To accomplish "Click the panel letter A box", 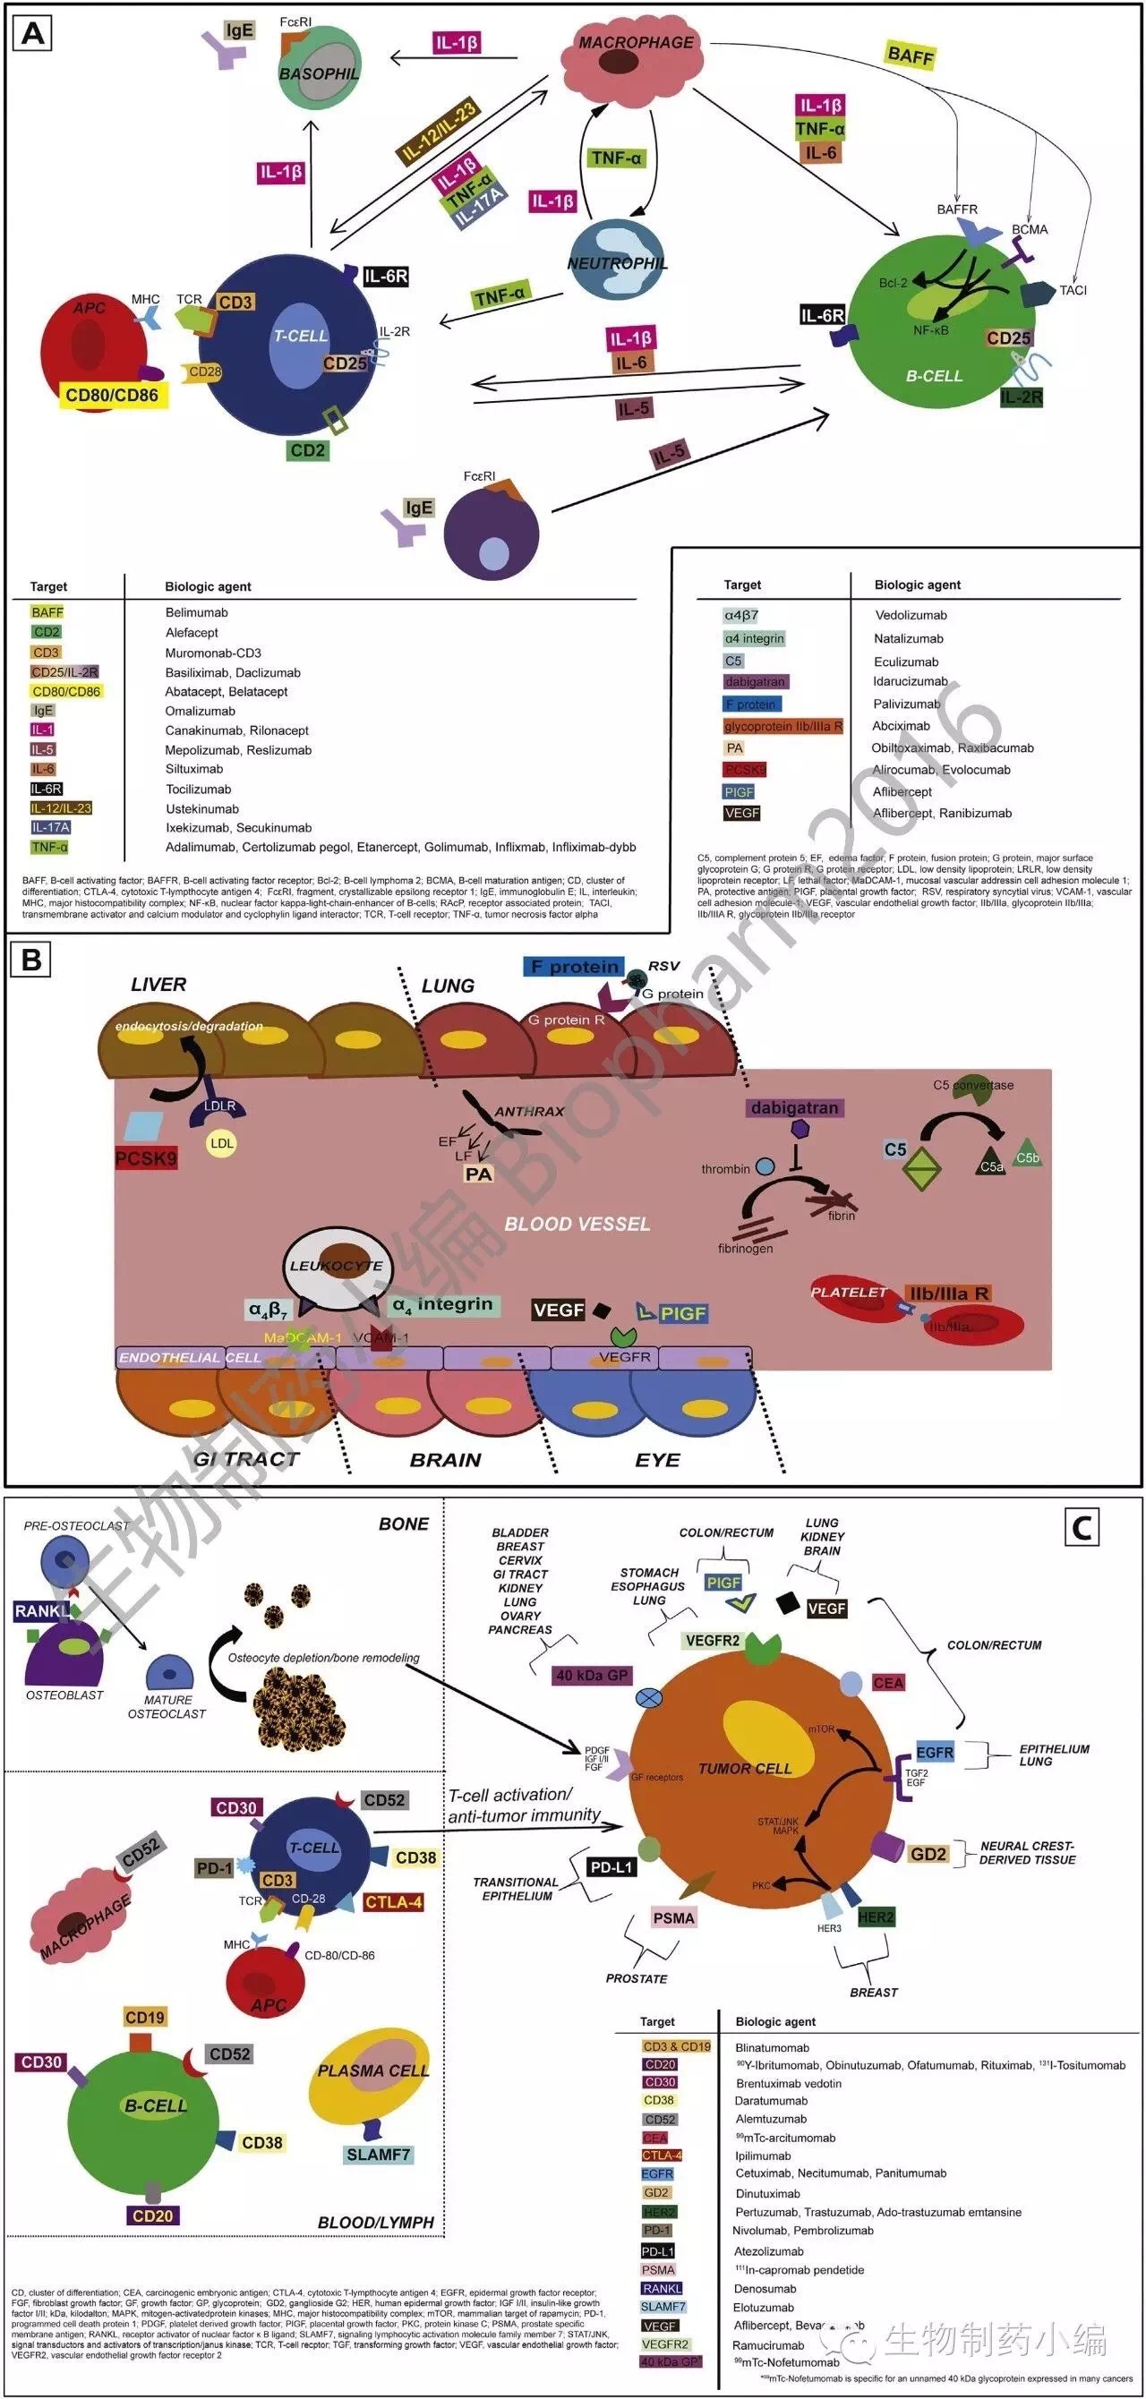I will [x=31, y=33].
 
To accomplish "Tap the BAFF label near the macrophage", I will [x=910, y=55].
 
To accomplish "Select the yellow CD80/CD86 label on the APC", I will [x=112, y=395].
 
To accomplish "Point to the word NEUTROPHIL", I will [x=617, y=263].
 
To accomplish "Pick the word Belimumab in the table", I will [x=197, y=613].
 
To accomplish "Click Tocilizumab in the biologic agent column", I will [x=199, y=789].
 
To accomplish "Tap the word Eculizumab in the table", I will [x=906, y=662].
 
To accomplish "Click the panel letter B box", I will [x=31, y=960].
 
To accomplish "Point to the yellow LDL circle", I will [x=222, y=1144].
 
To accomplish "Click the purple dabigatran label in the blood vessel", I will [x=795, y=1108].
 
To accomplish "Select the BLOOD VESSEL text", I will [x=577, y=1224].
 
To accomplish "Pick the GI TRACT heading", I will [x=247, y=1459].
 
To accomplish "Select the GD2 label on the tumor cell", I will [x=928, y=1854].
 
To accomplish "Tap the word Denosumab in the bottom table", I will [x=765, y=2288].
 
